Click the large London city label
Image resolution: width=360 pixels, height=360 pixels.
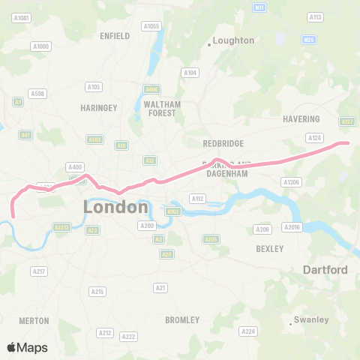pos(116,206)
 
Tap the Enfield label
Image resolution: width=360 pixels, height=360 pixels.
pos(115,35)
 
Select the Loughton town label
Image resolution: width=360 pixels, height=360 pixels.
pos(233,40)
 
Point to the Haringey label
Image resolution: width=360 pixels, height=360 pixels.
pos(99,108)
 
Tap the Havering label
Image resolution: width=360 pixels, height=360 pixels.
pos(301,119)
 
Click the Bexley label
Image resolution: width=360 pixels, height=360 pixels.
pos(269,248)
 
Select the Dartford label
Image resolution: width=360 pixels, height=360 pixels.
pos(325,269)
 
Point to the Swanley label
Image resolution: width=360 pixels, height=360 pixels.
pos(311,319)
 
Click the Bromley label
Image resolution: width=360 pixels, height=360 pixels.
pos(182,320)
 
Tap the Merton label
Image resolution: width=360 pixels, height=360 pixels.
pos(34,320)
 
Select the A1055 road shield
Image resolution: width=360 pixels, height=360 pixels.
pos(152,26)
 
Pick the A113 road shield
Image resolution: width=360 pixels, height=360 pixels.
pos(315,16)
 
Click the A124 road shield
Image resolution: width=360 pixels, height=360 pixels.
pos(314,137)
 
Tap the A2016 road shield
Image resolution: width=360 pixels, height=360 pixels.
pos(292,226)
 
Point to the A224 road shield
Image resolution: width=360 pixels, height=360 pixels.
pos(247,331)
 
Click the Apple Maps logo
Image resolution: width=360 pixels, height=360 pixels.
pos(27,347)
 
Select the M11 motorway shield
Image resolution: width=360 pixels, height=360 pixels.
pos(260,7)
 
